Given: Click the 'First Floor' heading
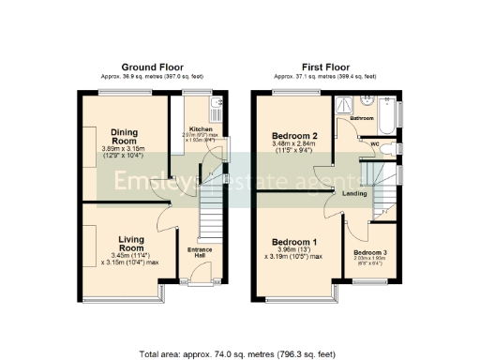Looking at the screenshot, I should (324, 67).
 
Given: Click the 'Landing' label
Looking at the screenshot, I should (354, 194).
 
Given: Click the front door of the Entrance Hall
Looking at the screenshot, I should (199, 281).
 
